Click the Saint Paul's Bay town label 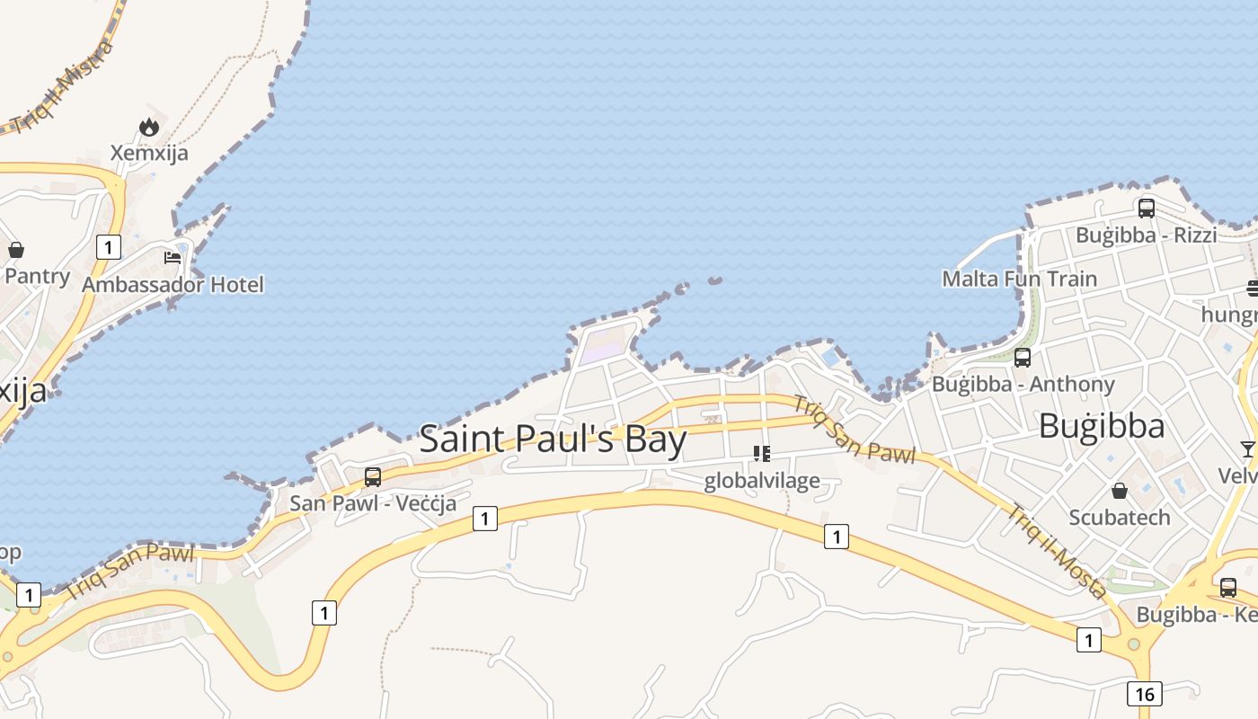point(553,439)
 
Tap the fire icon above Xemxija point(149,128)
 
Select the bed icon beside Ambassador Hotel point(173,258)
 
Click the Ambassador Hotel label point(173,285)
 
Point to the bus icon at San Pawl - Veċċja point(373,477)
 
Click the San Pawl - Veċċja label point(373,503)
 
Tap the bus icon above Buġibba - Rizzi point(1147,209)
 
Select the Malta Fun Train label point(1019,279)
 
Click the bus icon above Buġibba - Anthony point(1023,358)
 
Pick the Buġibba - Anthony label point(1023,385)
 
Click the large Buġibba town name point(1102,426)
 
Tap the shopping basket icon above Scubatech point(1120,491)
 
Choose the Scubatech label point(1120,518)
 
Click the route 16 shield point(1144,694)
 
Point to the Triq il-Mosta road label point(1056,551)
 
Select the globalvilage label point(762,481)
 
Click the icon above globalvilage point(762,454)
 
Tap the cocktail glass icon point(1248,448)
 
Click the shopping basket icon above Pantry point(16,250)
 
